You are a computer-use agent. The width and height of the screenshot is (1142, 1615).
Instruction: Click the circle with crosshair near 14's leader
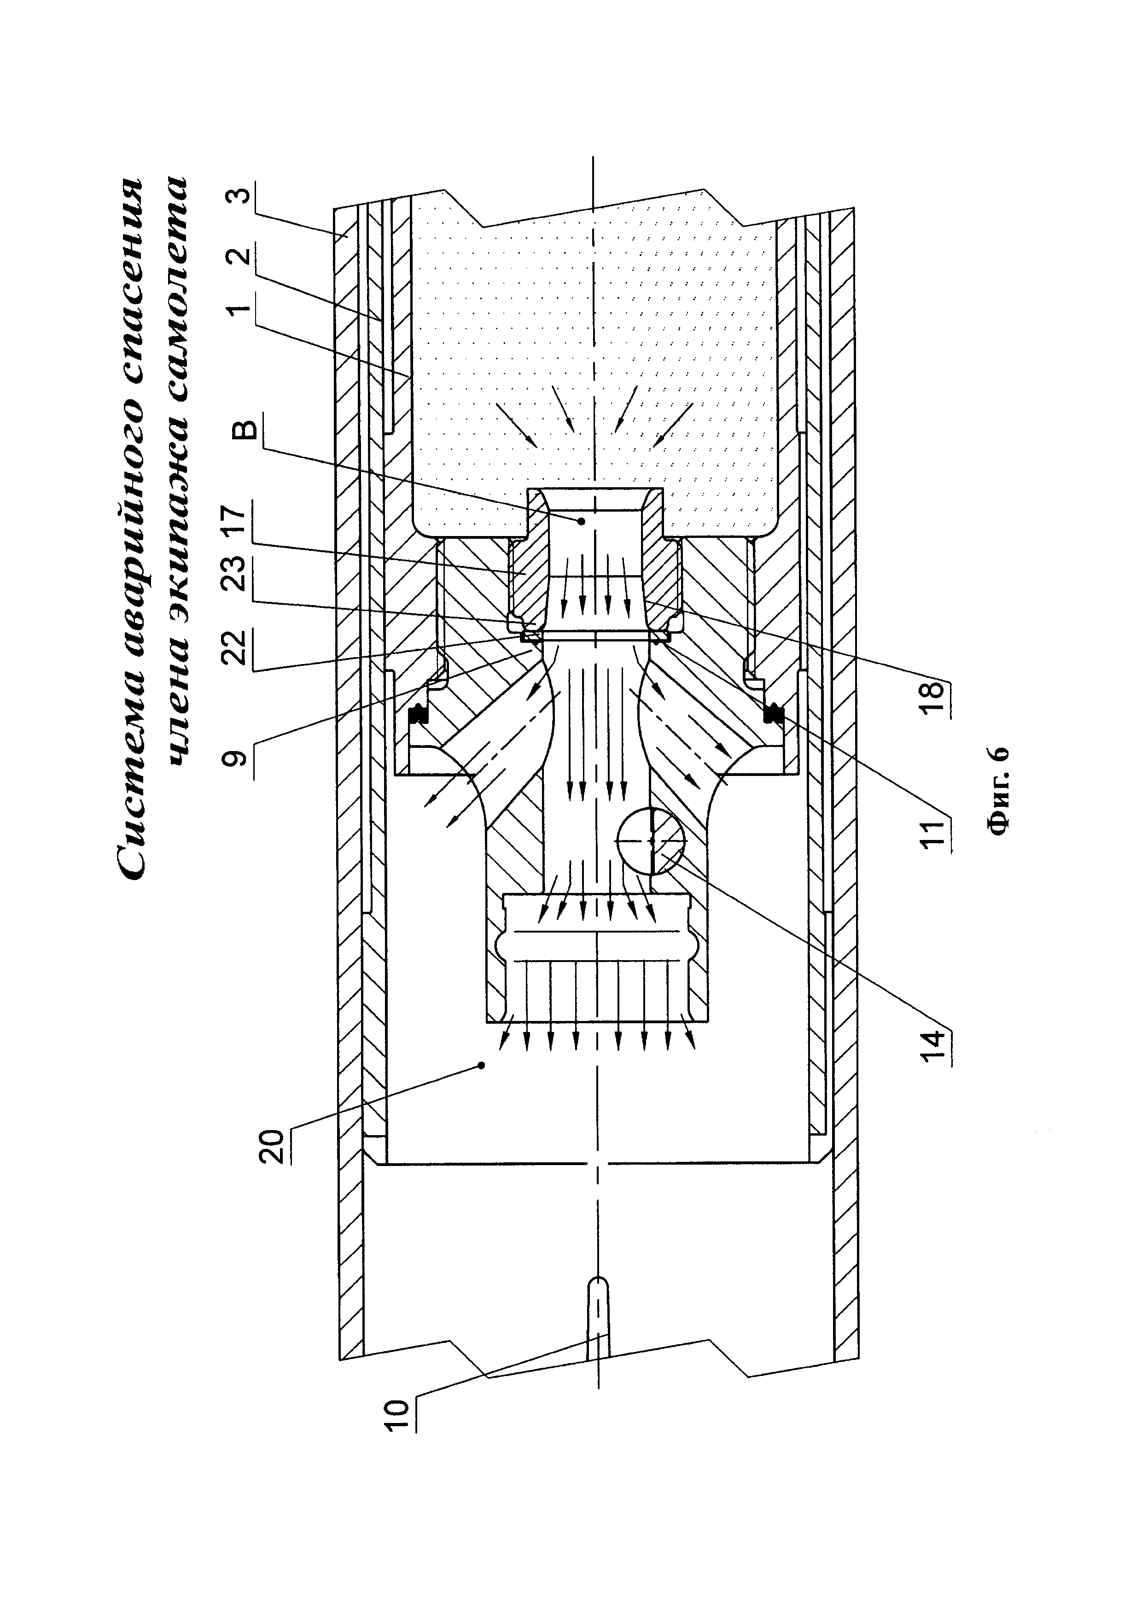(652, 840)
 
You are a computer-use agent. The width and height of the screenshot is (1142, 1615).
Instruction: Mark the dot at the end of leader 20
(481, 1085)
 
